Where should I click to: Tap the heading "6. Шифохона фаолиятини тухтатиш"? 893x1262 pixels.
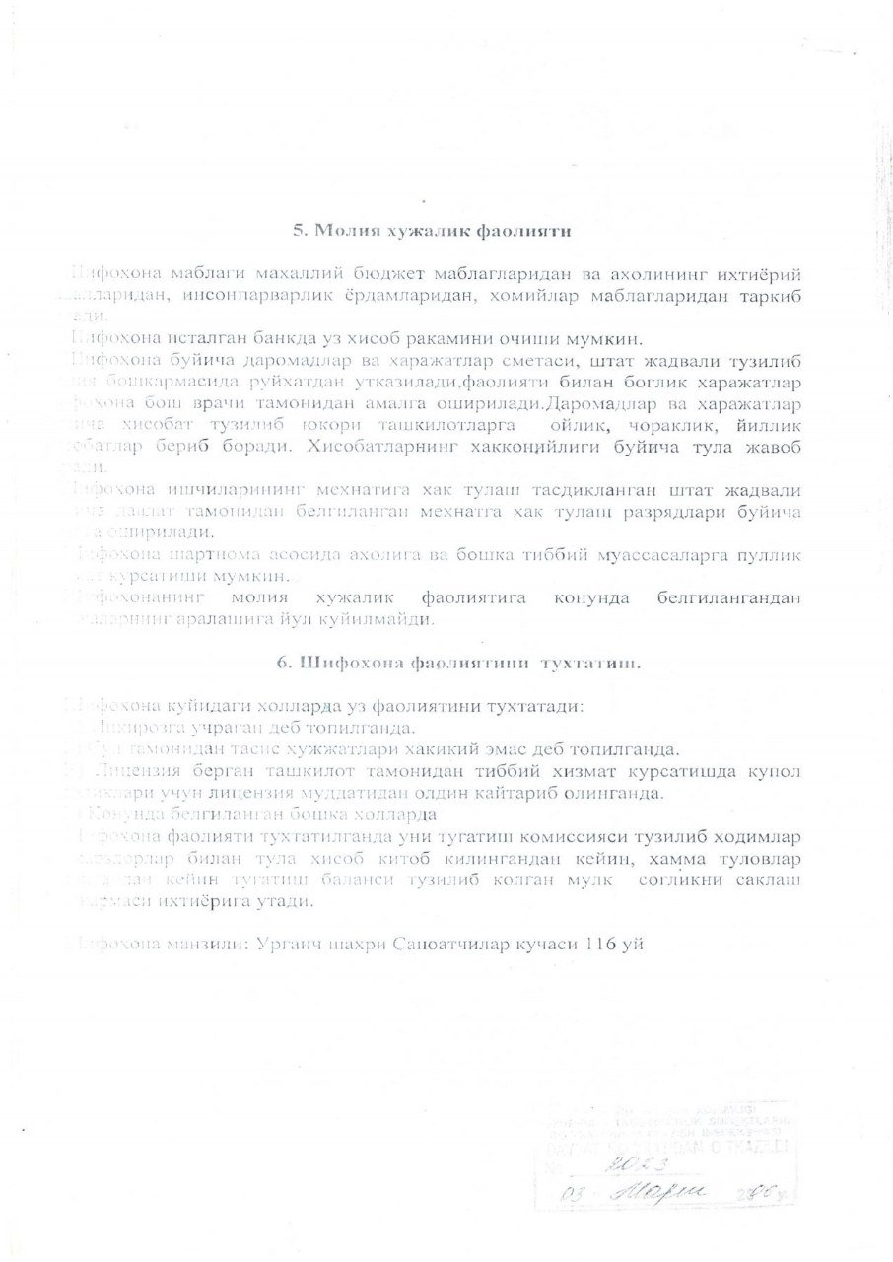coord(458,664)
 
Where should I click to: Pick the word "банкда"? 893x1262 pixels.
coord(251,338)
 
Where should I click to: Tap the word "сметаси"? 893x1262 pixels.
coord(478,360)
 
